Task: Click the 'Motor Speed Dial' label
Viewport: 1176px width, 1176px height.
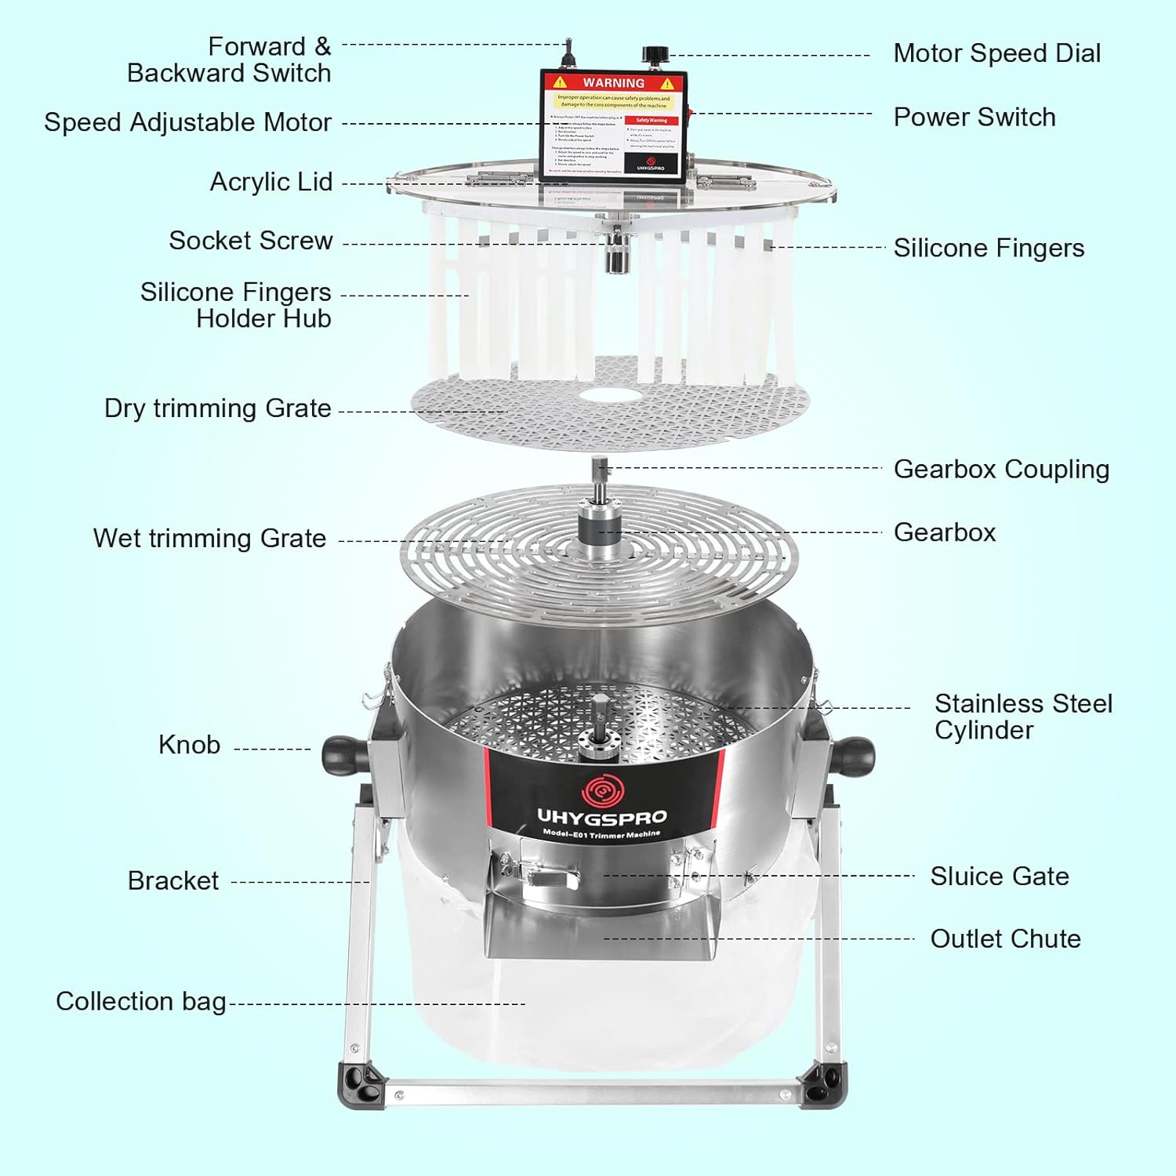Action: [x=996, y=53]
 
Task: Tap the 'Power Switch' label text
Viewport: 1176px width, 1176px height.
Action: [x=974, y=118]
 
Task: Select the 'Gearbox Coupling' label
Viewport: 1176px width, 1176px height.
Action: [x=1001, y=469]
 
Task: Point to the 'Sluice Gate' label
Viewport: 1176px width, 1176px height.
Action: [x=999, y=876]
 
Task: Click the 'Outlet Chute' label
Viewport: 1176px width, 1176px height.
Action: [x=1005, y=938]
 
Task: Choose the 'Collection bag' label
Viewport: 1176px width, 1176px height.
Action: [x=140, y=1001]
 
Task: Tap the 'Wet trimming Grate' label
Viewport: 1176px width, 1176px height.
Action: [x=209, y=539]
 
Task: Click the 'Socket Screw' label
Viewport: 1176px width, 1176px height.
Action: [x=250, y=241]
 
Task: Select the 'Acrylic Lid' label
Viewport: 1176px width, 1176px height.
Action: [x=270, y=182]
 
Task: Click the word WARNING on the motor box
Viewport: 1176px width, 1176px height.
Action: [x=613, y=83]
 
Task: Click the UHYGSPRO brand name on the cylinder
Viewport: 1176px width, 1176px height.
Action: [x=601, y=817]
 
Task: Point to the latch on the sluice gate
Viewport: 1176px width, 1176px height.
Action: [x=549, y=874]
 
